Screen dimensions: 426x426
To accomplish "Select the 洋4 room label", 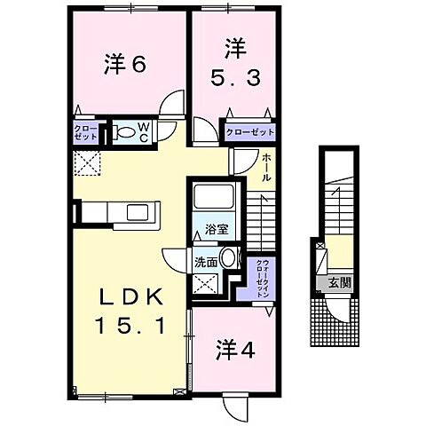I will pos(234,350).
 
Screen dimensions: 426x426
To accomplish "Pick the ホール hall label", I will pos(266,168).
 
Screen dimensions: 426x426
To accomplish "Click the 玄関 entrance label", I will pos(341,283).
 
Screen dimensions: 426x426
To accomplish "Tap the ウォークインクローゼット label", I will pos(262,270).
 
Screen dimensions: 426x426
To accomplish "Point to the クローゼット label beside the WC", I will pos(86,133).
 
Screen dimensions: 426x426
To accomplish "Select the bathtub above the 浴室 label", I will pos(213,201).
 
